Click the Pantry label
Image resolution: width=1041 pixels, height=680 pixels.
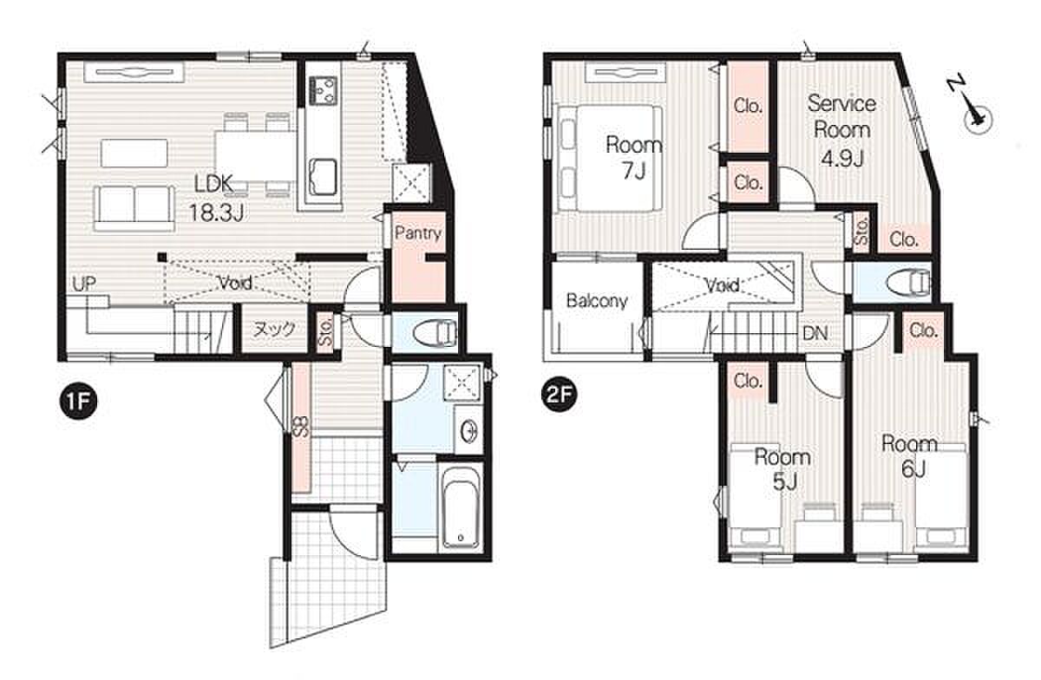tap(418, 232)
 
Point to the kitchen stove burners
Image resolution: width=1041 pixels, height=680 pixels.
tap(324, 90)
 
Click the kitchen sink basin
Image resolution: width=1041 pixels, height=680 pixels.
tap(324, 177)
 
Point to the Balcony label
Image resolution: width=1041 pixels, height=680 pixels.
tap(597, 301)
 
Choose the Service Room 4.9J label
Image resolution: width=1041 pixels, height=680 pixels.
tap(841, 131)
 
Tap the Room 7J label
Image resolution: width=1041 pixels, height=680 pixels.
tap(633, 158)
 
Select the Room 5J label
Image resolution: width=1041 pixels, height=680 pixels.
tap(782, 469)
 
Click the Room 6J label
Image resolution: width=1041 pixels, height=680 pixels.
tap(909, 456)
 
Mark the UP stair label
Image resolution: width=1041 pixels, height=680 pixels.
tap(84, 284)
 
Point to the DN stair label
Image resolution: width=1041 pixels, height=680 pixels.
tap(815, 333)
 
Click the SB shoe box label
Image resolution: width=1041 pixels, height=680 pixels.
tap(301, 426)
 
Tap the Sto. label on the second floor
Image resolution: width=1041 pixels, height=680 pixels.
tap(861, 232)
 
